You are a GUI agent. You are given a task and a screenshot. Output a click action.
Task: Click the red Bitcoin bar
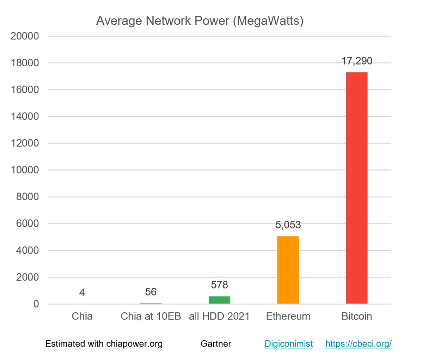[357, 188]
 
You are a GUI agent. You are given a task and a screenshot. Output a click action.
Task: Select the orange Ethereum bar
[288, 270]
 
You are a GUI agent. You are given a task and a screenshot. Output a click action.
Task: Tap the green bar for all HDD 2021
[219, 300]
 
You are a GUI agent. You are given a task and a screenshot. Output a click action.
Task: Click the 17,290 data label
[357, 61]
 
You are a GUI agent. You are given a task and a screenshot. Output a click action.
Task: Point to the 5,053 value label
[288, 225]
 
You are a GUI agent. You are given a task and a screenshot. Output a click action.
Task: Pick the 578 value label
[219, 285]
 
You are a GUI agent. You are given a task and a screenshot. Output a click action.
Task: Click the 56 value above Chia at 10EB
[151, 292]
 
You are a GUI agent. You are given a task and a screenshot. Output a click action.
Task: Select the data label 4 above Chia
[82, 293]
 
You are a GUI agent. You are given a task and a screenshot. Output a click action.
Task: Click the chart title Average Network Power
[200, 21]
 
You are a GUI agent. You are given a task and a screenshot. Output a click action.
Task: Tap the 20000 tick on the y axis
[25, 36]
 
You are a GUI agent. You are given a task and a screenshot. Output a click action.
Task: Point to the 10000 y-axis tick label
[25, 170]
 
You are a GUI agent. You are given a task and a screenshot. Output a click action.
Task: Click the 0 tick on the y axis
[36, 304]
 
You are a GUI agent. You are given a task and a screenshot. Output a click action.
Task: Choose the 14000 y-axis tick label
[25, 116]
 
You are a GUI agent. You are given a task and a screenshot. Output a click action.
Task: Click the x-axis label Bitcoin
[357, 316]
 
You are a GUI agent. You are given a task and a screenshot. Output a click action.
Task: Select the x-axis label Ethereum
[288, 316]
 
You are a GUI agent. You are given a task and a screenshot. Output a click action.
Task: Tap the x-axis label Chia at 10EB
[151, 316]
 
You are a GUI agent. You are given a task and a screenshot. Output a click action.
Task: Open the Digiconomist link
[289, 344]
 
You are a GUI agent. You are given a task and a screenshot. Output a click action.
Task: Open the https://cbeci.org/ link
[358, 344]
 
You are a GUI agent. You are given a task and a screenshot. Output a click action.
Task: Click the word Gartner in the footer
[216, 344]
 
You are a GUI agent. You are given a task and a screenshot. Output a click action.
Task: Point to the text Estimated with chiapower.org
[104, 344]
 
